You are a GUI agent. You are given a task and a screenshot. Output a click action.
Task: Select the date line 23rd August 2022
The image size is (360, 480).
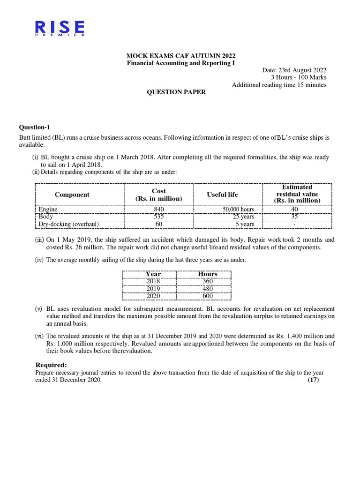294,70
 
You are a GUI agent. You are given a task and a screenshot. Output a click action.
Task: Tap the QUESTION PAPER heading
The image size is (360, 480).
177,92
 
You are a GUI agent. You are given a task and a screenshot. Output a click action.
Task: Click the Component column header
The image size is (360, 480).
72,195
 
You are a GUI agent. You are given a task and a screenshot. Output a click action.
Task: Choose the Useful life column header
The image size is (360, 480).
222,195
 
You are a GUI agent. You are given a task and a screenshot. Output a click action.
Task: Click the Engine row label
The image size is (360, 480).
48,210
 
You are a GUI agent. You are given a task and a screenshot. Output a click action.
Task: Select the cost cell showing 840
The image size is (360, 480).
159,210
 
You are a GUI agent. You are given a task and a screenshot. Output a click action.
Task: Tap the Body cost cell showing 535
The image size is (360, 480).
159,217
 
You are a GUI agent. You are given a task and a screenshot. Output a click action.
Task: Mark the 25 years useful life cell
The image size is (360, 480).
243,217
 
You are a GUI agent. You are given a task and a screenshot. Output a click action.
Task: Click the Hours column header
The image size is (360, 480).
208,274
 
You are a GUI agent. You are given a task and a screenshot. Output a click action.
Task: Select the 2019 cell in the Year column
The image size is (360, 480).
153,289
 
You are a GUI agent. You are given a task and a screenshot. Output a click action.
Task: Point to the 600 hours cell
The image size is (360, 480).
208,296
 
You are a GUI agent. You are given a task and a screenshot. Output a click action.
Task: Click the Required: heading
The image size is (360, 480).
52,365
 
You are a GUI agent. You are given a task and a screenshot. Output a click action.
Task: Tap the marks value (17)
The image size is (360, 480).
313,380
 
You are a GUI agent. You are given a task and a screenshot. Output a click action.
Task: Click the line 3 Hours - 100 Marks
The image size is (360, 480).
298,77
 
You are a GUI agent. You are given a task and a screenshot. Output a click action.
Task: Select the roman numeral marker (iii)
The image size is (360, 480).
39,240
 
